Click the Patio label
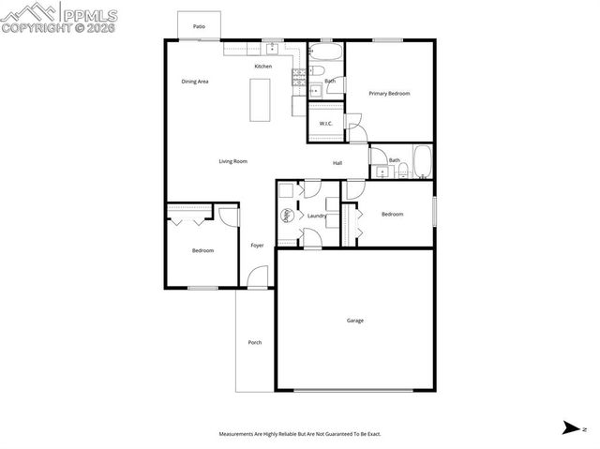click(x=199, y=27)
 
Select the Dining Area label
click(x=195, y=82)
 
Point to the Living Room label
click(x=232, y=162)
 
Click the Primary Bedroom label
click(x=389, y=94)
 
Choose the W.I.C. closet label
click(x=326, y=124)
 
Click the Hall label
click(x=337, y=163)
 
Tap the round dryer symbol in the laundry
click(x=288, y=215)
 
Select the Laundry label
click(x=317, y=217)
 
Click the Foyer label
click(x=257, y=246)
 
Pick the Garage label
click(x=355, y=322)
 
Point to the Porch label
click(x=254, y=343)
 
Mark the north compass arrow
click(x=571, y=428)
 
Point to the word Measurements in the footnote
click(x=241, y=435)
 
